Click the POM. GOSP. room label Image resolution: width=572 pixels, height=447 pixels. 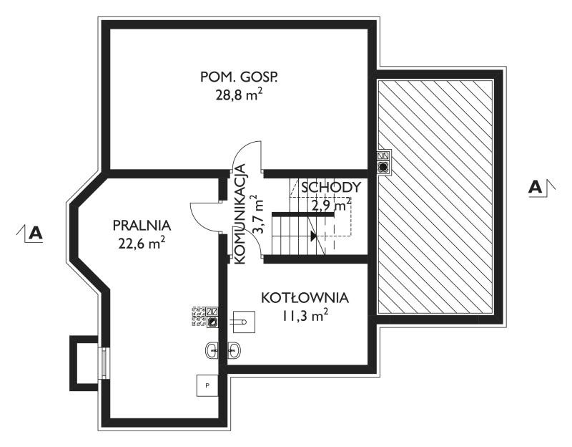tap(239, 77)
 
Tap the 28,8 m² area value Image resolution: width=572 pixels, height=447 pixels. tap(239, 95)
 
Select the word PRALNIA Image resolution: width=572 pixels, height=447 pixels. tap(142, 225)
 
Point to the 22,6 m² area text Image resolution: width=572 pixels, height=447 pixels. tap(142, 243)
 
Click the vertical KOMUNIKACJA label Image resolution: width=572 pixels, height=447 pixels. tap(240, 214)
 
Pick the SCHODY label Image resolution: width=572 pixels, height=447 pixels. tap(331, 187)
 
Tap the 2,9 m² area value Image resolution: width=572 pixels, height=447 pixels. tap(331, 206)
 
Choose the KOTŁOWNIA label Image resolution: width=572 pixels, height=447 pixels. tap(305, 298)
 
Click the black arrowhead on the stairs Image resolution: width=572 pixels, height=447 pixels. tap(313, 236)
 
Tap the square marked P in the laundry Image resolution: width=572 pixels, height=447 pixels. tap(207, 385)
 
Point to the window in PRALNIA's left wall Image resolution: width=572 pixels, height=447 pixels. tap(104, 362)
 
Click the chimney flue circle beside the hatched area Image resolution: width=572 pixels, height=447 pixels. tap(383, 168)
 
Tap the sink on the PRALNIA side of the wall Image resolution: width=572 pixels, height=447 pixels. tap(212, 350)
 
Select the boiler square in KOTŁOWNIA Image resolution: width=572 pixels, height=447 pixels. tap(243, 322)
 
